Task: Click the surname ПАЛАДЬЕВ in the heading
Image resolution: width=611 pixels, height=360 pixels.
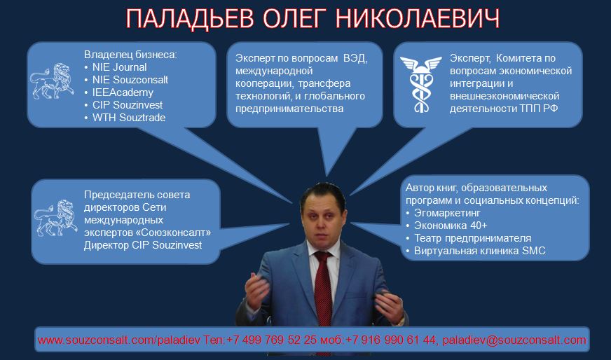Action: (x=190, y=20)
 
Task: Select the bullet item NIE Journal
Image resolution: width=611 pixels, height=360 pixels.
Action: (x=119, y=67)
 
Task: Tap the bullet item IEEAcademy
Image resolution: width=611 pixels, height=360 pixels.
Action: (x=123, y=92)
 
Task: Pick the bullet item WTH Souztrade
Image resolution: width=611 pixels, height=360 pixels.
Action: (x=129, y=117)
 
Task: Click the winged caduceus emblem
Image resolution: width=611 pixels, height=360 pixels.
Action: (x=421, y=84)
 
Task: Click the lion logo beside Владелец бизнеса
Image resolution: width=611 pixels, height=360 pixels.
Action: (x=53, y=81)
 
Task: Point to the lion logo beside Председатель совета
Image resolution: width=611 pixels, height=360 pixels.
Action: (x=56, y=218)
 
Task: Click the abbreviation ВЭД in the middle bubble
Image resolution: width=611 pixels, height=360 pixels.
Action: (x=355, y=58)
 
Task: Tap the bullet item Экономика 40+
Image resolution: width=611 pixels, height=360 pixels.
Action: (x=451, y=226)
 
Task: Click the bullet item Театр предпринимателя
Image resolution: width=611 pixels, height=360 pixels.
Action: (x=473, y=238)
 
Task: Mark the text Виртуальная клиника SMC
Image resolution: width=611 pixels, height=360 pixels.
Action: (x=480, y=251)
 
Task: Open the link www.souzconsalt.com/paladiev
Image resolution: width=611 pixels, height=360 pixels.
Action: (x=119, y=340)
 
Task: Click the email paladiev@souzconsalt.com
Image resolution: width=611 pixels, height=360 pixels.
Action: (x=514, y=340)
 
